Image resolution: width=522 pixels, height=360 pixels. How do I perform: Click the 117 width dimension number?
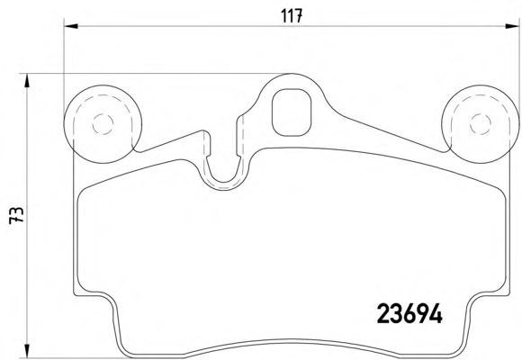pyautogui.click(x=292, y=15)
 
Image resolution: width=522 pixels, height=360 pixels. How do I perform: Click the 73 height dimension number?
pyautogui.click(x=16, y=215)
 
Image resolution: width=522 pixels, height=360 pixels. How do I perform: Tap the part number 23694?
pyautogui.click(x=409, y=314)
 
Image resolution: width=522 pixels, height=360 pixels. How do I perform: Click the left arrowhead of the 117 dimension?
pyautogui.click(x=70, y=26)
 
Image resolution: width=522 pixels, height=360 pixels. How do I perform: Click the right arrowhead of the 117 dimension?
pyautogui.click(x=512, y=26)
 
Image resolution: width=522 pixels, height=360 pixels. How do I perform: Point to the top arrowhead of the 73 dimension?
pyautogui.click(x=27, y=81)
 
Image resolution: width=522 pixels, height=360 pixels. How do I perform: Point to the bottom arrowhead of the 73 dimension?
pyautogui.click(x=27, y=351)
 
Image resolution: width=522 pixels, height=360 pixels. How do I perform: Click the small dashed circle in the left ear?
pyautogui.click(x=103, y=124)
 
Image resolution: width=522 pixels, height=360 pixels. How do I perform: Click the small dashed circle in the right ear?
pyautogui.click(x=481, y=124)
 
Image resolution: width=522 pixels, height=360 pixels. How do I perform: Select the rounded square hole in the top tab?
pyautogui.click(x=292, y=112)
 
